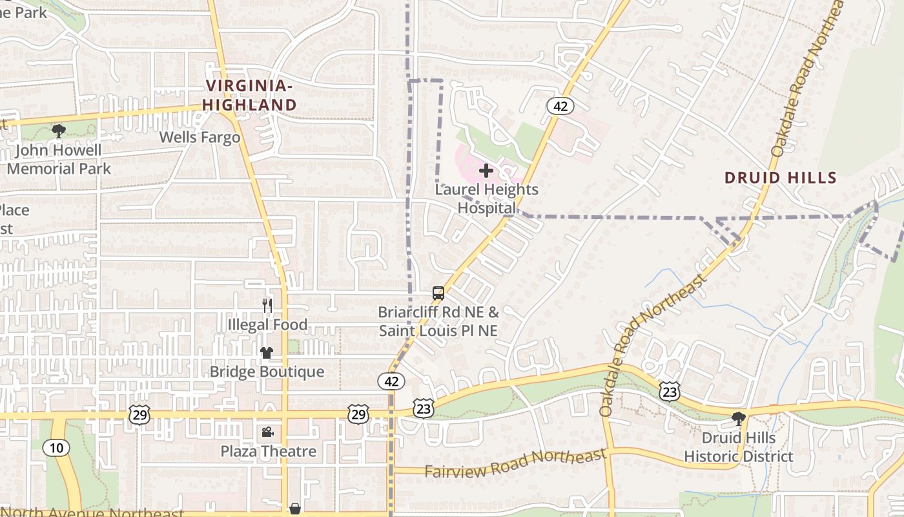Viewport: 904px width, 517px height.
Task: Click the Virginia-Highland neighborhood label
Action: point(250,95)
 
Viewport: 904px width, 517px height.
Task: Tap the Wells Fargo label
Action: point(200,137)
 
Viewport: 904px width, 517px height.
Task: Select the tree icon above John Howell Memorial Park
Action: point(59,131)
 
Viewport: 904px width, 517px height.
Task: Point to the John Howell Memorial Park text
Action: point(59,160)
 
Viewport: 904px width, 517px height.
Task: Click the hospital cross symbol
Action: point(486,171)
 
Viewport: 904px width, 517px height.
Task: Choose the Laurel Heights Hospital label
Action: point(486,198)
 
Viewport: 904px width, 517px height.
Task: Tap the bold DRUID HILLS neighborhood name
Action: point(780,178)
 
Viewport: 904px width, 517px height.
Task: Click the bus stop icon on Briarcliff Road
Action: point(438,293)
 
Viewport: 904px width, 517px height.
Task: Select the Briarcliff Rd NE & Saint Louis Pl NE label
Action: point(438,321)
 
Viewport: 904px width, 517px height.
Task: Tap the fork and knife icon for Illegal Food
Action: point(267,305)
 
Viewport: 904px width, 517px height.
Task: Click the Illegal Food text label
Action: point(267,324)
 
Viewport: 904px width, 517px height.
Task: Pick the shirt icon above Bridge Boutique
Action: point(266,353)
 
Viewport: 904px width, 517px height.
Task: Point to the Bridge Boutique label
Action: point(267,372)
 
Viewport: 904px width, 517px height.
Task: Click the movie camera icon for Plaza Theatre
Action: point(267,432)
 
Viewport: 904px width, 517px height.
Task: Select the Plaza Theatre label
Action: point(269,451)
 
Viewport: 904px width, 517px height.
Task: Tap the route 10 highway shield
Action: point(56,447)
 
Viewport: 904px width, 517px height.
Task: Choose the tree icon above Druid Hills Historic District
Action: point(738,419)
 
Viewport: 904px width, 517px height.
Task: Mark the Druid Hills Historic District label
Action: point(738,447)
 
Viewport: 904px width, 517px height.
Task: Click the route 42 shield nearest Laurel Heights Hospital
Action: point(560,106)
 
